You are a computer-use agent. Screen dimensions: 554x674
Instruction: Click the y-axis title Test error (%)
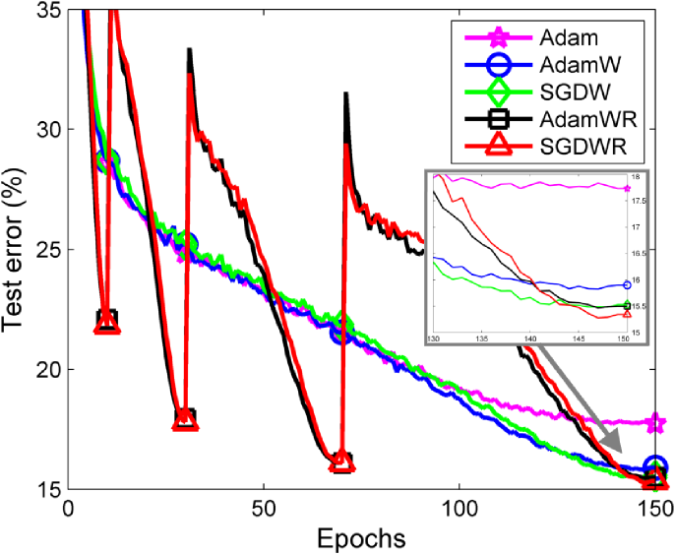point(17,251)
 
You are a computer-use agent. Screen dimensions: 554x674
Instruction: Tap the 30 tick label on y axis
point(47,130)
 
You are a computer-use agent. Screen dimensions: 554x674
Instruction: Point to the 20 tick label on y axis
point(47,370)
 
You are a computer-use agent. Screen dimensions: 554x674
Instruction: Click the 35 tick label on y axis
point(47,11)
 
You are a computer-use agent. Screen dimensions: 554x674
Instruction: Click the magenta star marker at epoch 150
point(654,423)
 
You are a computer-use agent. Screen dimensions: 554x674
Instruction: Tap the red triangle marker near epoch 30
point(185,421)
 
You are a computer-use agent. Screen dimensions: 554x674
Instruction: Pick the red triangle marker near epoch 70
point(341,461)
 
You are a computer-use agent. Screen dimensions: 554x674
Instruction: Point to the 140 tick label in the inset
point(530,339)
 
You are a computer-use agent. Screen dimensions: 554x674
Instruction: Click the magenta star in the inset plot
point(627,187)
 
